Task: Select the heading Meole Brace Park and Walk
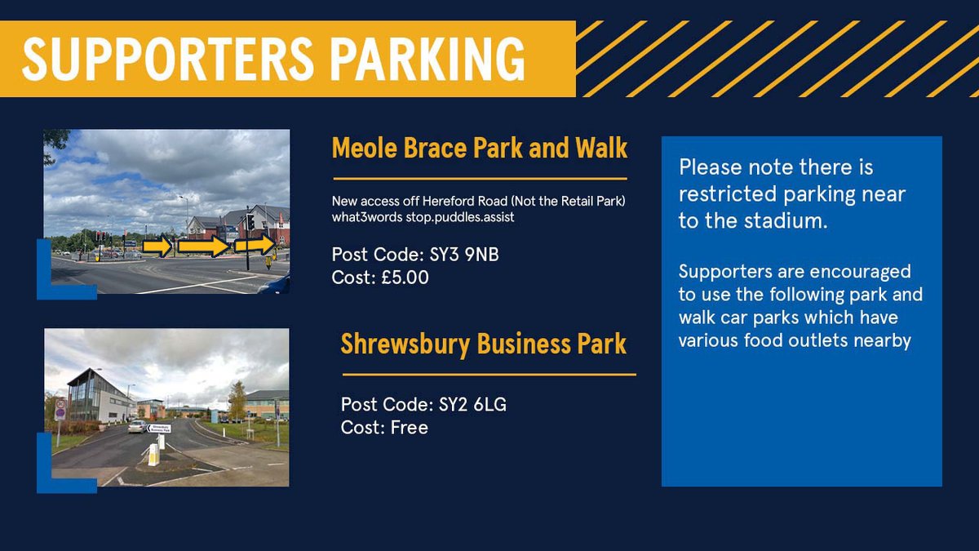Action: point(480,149)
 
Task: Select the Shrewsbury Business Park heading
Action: point(484,344)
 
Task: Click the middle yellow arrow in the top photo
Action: point(203,246)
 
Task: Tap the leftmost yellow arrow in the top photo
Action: point(157,245)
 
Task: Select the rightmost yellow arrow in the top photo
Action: point(255,245)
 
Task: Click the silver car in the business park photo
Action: point(137,426)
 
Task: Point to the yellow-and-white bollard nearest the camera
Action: point(153,455)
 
